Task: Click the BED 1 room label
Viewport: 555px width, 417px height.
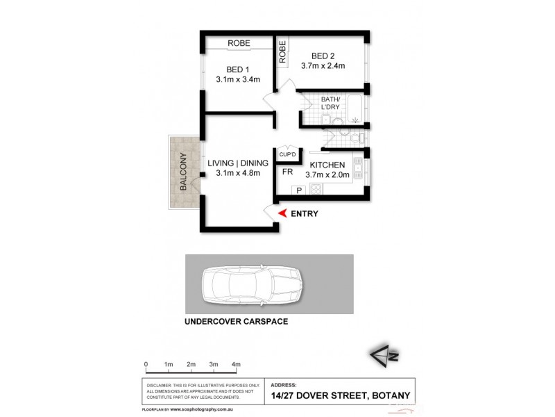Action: [x=238, y=68]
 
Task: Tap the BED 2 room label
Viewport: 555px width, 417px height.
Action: [x=323, y=56]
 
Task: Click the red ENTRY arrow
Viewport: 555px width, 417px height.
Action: [x=281, y=213]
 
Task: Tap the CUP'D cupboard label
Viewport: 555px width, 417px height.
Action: [x=287, y=154]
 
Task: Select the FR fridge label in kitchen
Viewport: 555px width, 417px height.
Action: [x=287, y=170]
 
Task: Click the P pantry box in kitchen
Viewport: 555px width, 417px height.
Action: [x=300, y=189]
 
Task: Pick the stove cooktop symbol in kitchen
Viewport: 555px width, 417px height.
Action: [x=316, y=188]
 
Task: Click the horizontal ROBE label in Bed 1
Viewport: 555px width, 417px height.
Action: [x=239, y=43]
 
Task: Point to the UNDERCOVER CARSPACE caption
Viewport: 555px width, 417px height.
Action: [x=235, y=322]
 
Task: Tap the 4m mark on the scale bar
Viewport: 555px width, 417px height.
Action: [x=236, y=363]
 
